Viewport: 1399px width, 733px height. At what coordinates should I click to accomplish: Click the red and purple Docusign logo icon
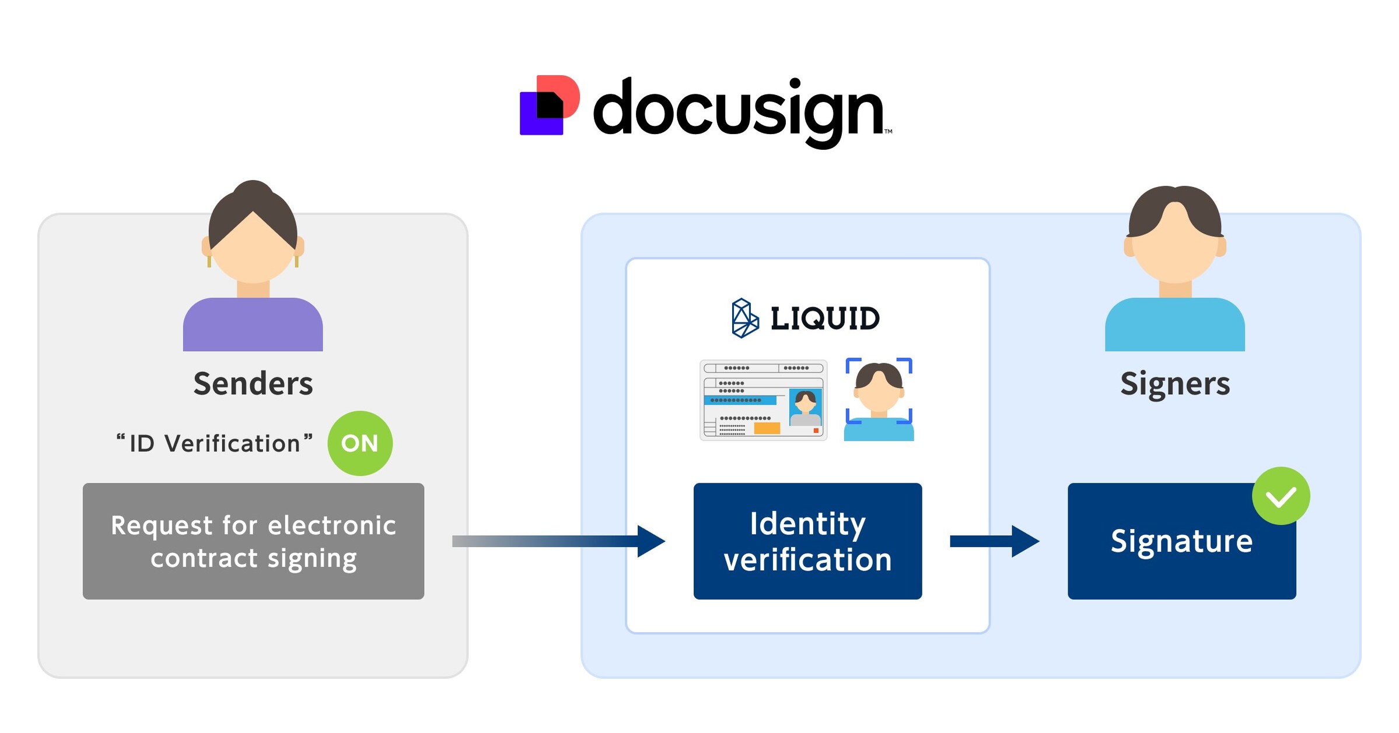[549, 106]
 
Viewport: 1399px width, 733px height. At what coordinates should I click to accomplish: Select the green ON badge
[359, 443]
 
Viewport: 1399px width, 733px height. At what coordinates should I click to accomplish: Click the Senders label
[253, 384]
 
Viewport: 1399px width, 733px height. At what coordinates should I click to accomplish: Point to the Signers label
[1174, 384]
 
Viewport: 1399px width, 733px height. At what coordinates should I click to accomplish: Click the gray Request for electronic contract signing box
[253, 541]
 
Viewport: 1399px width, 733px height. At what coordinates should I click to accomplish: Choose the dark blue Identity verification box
[807, 541]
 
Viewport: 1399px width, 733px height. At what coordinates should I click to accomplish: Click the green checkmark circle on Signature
[1281, 496]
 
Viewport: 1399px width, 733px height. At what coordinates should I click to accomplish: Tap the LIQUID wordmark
[824, 318]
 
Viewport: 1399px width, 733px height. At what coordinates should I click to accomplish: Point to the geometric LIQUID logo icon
[745, 318]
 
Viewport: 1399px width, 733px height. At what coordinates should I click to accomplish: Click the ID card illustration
[763, 400]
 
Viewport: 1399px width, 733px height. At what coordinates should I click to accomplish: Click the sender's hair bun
[253, 191]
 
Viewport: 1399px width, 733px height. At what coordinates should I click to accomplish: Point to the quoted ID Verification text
[214, 443]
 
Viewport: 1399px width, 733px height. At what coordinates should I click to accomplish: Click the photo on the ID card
[805, 408]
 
